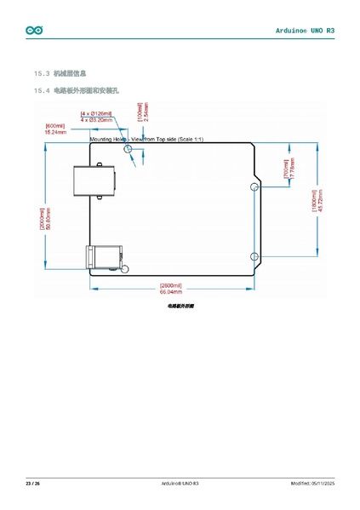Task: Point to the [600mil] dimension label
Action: point(55,126)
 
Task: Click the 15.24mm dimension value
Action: point(55,133)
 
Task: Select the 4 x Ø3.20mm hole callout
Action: point(97,120)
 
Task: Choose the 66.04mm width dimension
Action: point(170,292)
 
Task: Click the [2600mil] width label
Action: point(170,285)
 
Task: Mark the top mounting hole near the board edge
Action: point(129,150)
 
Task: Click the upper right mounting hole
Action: point(254,186)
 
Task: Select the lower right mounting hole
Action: point(254,256)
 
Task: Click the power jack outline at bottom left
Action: point(103,256)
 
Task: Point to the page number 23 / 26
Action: point(32,484)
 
